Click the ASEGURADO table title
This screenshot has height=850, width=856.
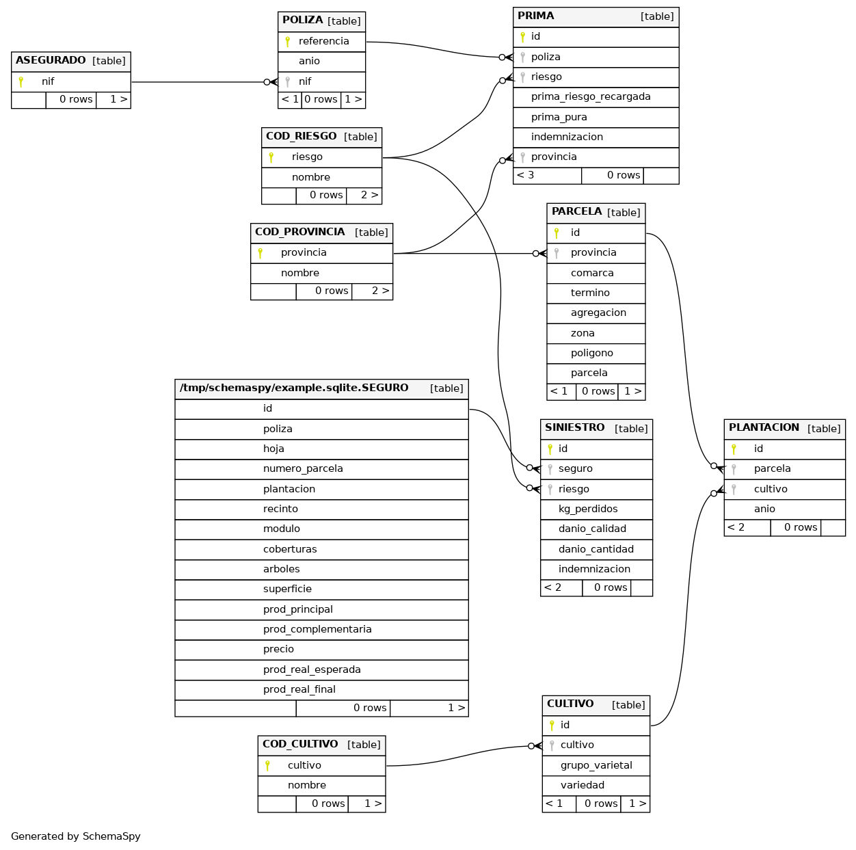[51, 60]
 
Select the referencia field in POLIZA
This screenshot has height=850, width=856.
[323, 41]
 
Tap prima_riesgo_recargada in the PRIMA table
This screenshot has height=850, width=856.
[590, 97]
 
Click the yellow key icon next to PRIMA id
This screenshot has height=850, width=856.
[522, 37]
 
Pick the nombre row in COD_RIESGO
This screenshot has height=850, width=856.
[310, 177]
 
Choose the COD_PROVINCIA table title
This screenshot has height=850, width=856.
[299, 233]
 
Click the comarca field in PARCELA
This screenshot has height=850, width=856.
[591, 273]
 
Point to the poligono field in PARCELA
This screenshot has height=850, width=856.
[591, 353]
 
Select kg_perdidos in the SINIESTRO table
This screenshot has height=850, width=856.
[587, 509]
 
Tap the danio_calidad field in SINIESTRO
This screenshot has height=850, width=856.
[591, 529]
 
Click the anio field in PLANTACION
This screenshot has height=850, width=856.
[764, 509]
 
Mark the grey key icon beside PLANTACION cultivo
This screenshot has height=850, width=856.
[734, 489]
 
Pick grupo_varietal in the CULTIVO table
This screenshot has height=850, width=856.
[596, 765]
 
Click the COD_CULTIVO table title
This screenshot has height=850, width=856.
[300, 744]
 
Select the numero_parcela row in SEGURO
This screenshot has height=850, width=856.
[302, 468]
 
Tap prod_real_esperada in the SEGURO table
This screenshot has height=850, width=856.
[311, 669]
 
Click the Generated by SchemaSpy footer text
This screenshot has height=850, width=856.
[75, 836]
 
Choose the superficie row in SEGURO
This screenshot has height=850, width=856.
[286, 589]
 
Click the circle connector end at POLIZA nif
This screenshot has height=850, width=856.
[267, 82]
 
